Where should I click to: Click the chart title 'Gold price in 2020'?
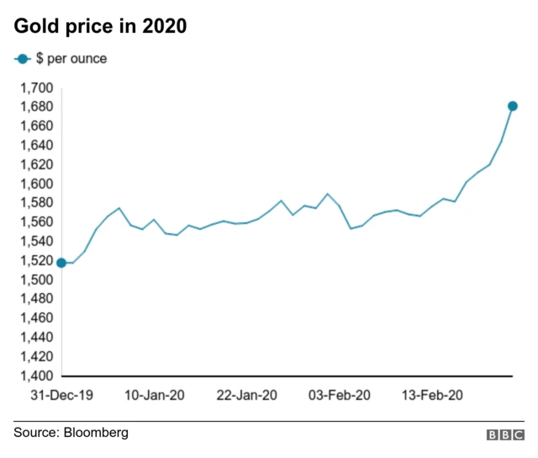(99, 27)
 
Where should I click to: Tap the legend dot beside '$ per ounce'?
(22, 59)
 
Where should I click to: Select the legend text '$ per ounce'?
(71, 59)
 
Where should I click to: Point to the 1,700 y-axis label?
(37, 88)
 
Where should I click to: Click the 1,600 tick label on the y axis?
(37, 184)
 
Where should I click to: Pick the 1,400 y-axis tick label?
(37, 375)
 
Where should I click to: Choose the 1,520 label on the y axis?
(37, 260)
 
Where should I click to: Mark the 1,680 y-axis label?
(37, 107)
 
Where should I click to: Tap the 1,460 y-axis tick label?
(37, 318)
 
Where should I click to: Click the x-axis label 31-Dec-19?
(61, 395)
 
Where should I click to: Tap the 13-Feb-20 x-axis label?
(434, 395)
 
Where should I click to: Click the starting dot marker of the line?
(61, 263)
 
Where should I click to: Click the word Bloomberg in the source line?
(98, 433)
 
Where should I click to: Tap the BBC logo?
(504, 434)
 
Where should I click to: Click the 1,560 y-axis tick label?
(37, 222)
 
